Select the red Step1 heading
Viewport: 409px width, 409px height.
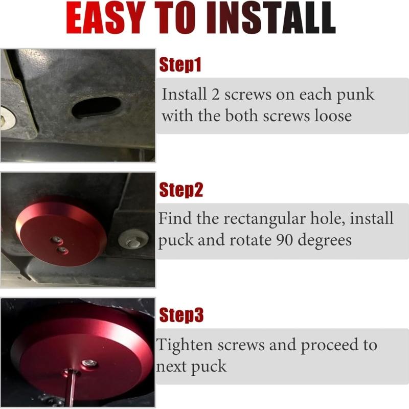(180, 65)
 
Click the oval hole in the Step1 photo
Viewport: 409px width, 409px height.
(96, 107)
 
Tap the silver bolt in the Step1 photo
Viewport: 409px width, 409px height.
(6, 119)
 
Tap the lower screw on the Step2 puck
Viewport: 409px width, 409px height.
(63, 249)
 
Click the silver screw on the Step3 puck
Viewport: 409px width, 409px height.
(90, 362)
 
